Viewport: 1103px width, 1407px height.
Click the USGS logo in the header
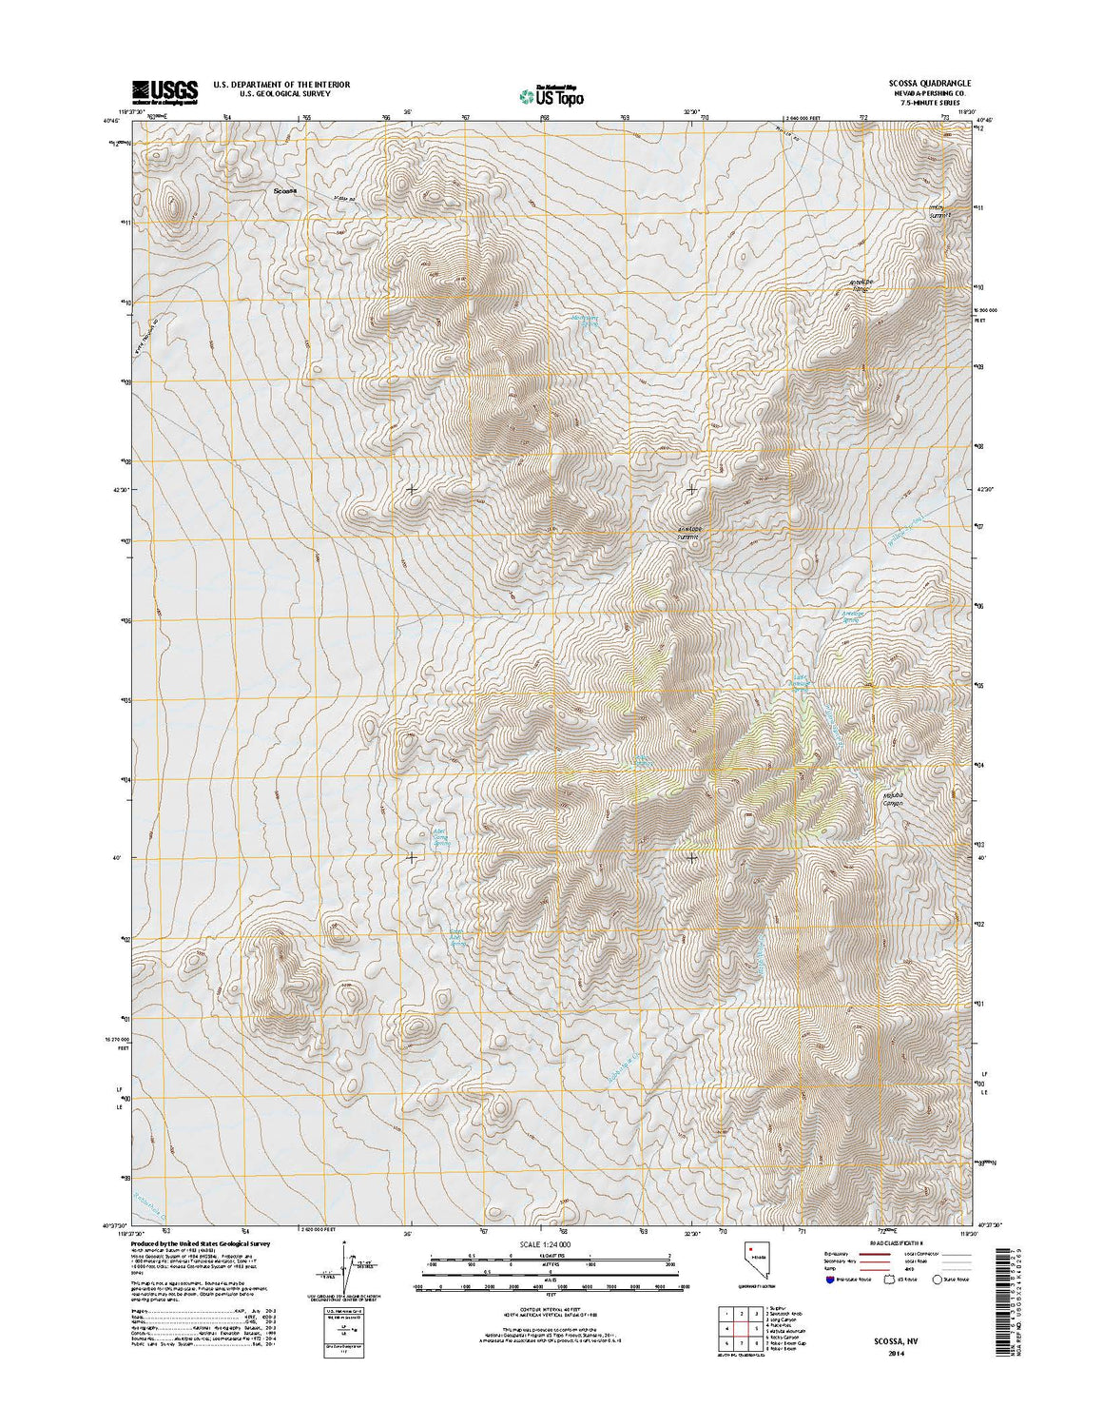coord(164,90)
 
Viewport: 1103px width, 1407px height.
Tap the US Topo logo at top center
coord(551,95)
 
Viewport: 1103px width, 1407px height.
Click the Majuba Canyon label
coord(891,800)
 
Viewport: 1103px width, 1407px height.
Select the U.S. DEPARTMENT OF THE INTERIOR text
coord(281,85)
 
